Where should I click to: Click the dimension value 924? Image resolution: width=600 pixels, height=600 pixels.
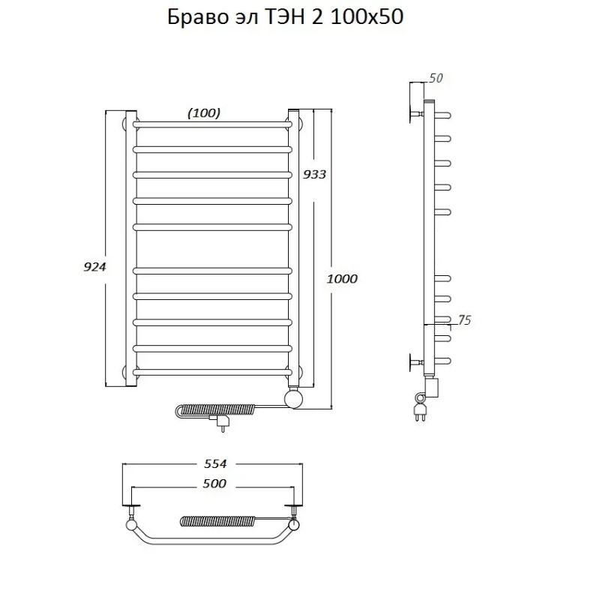click(x=94, y=267)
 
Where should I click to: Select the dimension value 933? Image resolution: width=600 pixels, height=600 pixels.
click(x=314, y=175)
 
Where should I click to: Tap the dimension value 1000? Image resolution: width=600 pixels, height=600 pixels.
click(x=342, y=278)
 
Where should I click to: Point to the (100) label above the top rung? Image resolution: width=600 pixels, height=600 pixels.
click(x=204, y=113)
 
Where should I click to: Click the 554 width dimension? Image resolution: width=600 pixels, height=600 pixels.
click(x=215, y=463)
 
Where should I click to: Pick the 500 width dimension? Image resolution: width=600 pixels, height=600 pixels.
click(x=214, y=484)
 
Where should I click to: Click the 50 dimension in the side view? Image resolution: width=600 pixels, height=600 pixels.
click(x=436, y=78)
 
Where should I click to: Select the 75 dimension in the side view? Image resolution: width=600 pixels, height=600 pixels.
click(x=464, y=320)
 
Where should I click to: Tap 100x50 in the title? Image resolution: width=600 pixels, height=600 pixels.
click(x=367, y=17)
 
